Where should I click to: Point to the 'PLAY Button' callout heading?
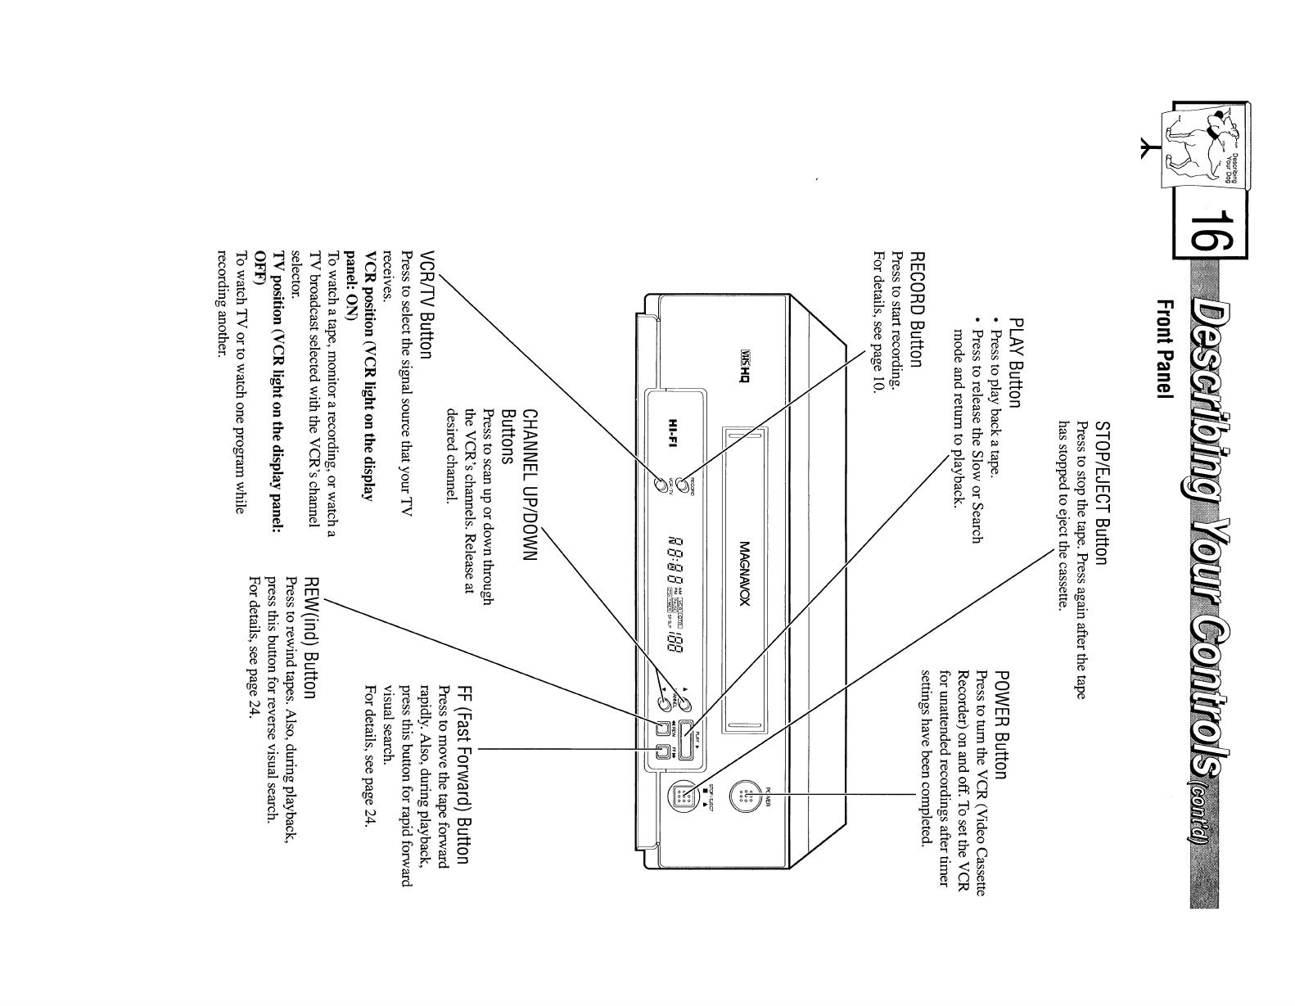pos(1016,363)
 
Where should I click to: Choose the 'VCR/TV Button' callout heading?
pos(426,305)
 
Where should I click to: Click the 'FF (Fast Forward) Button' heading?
pos(464,774)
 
